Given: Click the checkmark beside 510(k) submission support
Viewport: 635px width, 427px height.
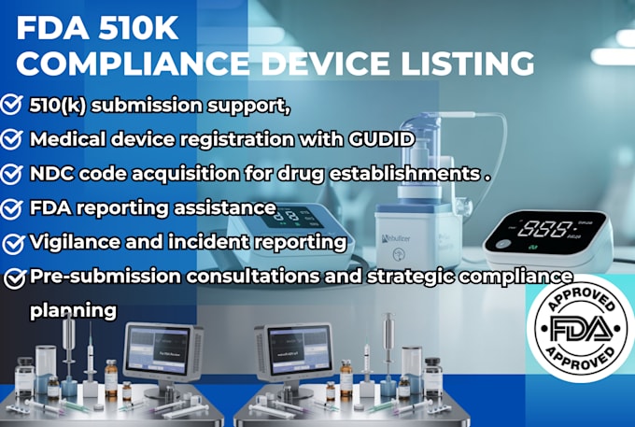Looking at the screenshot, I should pyautogui.click(x=13, y=106).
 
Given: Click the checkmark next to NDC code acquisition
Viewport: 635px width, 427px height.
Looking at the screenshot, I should pyautogui.click(x=13, y=174).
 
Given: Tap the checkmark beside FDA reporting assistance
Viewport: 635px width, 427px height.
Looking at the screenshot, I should pyautogui.click(x=13, y=208).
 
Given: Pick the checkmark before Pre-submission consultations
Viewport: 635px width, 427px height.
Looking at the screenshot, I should pyautogui.click(x=13, y=278).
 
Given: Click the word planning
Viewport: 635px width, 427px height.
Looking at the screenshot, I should pyautogui.click(x=73, y=308).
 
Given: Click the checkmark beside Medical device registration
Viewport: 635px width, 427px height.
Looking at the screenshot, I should pyautogui.click(x=13, y=139).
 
